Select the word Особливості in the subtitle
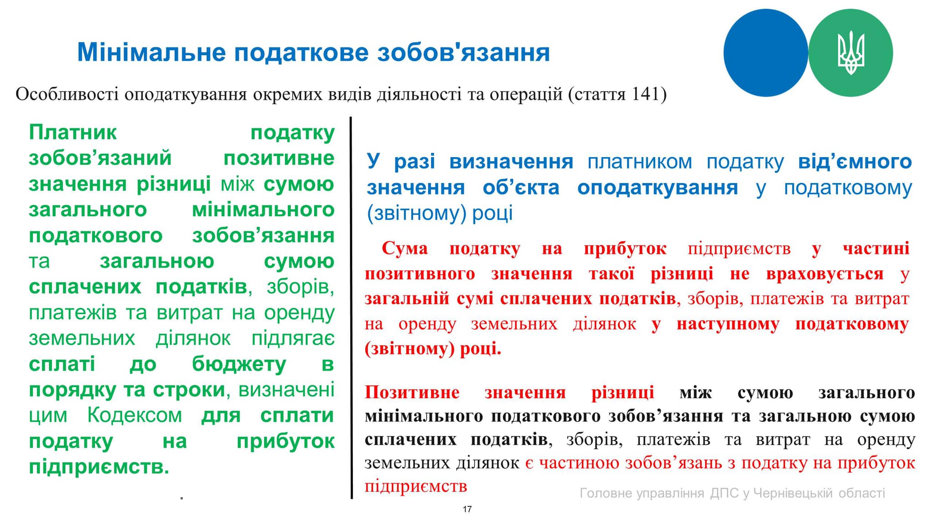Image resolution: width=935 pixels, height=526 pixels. (x=68, y=94)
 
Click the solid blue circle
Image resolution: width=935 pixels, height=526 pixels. (x=766, y=53)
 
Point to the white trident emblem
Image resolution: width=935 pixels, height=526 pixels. (x=851, y=53)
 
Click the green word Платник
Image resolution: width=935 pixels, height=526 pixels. (x=73, y=132)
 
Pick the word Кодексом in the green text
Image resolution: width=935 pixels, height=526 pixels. (x=135, y=416)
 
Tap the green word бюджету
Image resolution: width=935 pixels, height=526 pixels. (x=239, y=364)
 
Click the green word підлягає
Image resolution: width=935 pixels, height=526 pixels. (x=293, y=339)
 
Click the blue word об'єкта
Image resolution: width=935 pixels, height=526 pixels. (x=521, y=188)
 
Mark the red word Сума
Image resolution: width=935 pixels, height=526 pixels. (x=405, y=248)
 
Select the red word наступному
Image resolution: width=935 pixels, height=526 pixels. (x=728, y=324)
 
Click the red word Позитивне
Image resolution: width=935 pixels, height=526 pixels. (x=412, y=392)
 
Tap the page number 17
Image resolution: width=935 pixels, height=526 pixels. (x=467, y=509)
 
